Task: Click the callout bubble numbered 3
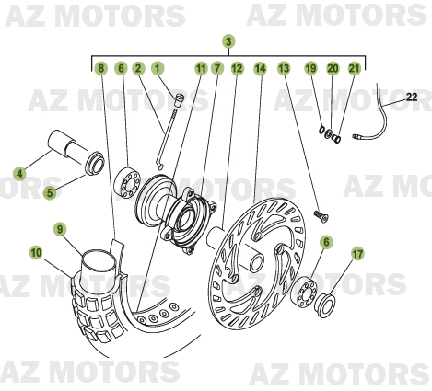tap(228, 40)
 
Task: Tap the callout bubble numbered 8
tap(101, 69)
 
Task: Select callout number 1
tap(158, 69)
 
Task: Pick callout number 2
tap(137, 69)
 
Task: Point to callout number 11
tap(200, 69)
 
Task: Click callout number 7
tap(217, 69)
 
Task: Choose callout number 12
tap(238, 69)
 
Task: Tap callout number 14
tap(261, 69)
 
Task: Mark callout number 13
tap(284, 69)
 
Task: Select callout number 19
tap(310, 69)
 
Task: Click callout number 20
tap(332, 69)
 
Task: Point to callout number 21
tap(353, 69)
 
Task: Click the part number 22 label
tap(411, 97)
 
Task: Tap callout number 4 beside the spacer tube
tap(19, 172)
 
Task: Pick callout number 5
tap(52, 192)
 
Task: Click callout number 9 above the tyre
tap(59, 228)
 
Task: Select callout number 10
tap(35, 250)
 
